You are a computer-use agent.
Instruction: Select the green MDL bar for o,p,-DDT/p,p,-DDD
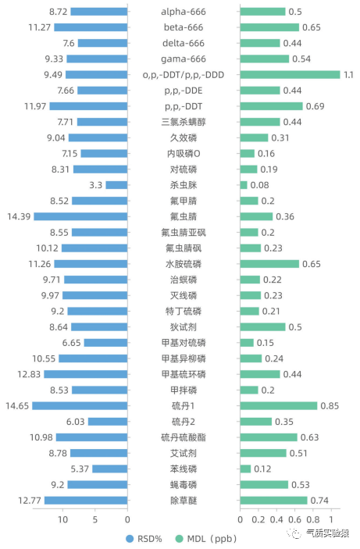[x=290, y=74]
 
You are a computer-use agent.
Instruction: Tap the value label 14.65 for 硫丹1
[x=16, y=405]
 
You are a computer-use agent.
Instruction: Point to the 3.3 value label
[x=96, y=185]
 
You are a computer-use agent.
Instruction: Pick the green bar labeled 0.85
[x=278, y=405]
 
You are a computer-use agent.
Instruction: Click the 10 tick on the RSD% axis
[x=62, y=519]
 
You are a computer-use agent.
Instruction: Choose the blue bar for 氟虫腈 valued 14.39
[x=80, y=216]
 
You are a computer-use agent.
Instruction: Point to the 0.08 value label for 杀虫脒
[x=260, y=185]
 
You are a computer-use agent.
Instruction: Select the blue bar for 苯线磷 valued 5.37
[x=109, y=469]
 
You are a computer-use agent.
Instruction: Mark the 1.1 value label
[x=348, y=74]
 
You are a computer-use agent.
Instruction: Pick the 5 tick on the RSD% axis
[x=94, y=519]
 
